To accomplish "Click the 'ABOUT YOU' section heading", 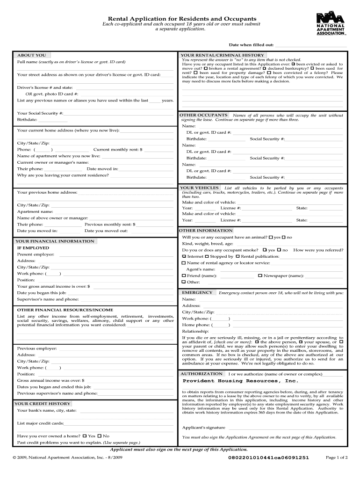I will point(31,55).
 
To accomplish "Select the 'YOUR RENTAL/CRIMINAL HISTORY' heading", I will point(222,55).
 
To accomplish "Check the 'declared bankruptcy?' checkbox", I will point(265,69).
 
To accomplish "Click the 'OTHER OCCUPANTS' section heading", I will point(203,115).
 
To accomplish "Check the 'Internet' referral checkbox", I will point(184,256).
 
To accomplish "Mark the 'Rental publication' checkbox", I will point(238,256).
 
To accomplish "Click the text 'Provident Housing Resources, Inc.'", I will point(240,381).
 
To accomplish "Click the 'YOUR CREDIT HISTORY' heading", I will point(43,403).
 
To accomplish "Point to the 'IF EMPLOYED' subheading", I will point(33,248).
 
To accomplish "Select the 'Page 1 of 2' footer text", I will point(336,457).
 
